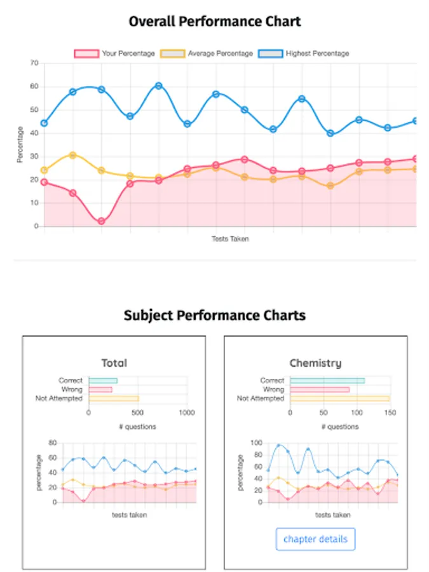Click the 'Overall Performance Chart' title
[x=214, y=22]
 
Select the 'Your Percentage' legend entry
[x=128, y=53]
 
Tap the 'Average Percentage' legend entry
[x=220, y=53]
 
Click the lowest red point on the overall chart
[x=101, y=221]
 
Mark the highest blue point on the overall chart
[x=158, y=86]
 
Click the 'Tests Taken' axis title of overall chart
[x=230, y=239]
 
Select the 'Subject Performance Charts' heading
[x=214, y=315]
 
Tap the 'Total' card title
[x=114, y=363]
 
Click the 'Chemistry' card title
[x=315, y=363]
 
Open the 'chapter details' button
[x=315, y=539]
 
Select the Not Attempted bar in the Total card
[x=114, y=398]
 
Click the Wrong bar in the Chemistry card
[x=320, y=390]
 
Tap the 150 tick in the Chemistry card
[x=390, y=412]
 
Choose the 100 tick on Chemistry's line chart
[x=256, y=442]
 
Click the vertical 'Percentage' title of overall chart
[x=20, y=144]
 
